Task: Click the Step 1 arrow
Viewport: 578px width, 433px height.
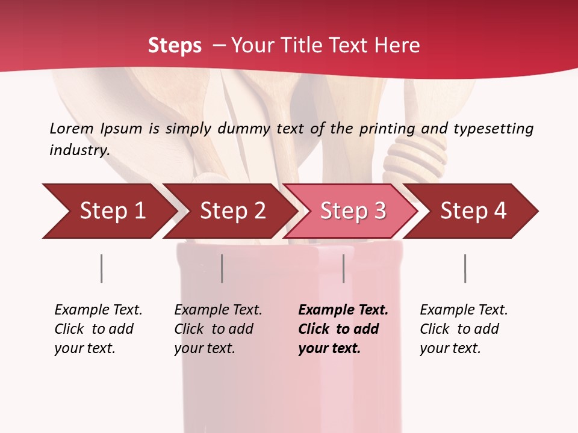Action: tap(108, 211)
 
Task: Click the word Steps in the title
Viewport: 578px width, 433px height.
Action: tap(175, 46)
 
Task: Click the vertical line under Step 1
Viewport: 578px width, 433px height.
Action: tap(101, 268)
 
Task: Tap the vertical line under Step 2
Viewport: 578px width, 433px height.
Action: tap(222, 268)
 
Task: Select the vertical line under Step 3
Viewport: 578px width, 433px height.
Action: tap(343, 268)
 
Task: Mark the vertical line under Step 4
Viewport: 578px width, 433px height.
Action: tap(465, 268)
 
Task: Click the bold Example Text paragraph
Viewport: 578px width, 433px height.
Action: tap(343, 329)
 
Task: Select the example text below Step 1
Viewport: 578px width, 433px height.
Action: tap(98, 329)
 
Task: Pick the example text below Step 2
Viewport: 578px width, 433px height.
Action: tap(218, 329)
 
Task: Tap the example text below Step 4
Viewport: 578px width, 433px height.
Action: tap(464, 329)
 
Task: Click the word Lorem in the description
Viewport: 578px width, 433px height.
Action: tap(72, 129)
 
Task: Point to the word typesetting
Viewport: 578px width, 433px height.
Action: tap(493, 129)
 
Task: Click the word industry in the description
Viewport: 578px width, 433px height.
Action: tap(79, 150)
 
